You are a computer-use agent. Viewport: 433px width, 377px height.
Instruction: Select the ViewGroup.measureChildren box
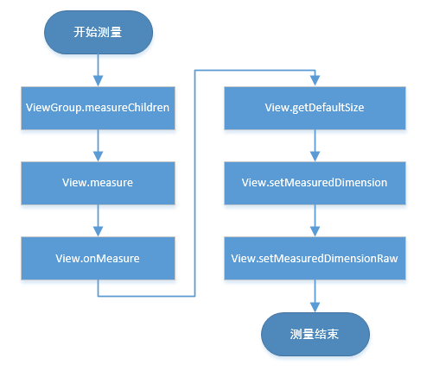click(x=97, y=110)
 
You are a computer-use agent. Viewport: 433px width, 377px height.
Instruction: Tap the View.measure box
click(x=97, y=184)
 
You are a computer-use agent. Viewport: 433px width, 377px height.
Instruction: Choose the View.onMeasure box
click(x=97, y=258)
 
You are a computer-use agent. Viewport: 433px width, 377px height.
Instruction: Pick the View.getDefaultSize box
click(x=315, y=110)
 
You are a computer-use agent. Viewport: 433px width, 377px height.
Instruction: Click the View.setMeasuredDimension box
click(x=315, y=184)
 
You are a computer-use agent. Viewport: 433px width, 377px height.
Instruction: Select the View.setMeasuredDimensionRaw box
click(x=315, y=258)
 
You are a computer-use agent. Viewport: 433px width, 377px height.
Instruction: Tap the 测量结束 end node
click(x=315, y=334)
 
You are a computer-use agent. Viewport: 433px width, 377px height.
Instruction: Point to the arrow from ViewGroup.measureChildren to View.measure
click(x=97, y=146)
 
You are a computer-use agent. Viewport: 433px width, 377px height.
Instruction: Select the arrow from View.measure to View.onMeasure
click(x=97, y=220)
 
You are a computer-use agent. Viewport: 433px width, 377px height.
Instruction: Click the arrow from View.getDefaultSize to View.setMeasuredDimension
click(x=315, y=146)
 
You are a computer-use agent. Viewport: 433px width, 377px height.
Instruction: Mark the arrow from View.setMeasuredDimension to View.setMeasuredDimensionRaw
click(x=315, y=220)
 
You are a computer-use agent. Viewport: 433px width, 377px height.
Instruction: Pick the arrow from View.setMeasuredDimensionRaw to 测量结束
click(x=315, y=296)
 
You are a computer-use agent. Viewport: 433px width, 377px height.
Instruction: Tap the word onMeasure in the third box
click(x=111, y=258)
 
